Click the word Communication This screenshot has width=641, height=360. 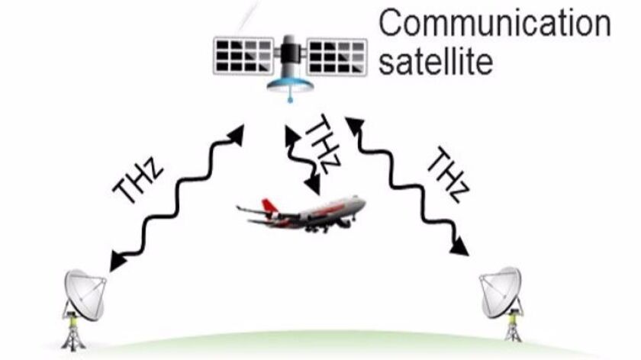click(494, 24)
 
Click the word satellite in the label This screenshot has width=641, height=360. click(436, 61)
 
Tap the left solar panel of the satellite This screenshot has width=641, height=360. click(244, 56)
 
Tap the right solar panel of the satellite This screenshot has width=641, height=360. click(337, 56)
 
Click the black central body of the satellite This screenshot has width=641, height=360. click(290, 53)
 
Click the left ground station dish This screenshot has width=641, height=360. click(85, 294)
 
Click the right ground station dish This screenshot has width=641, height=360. click(501, 292)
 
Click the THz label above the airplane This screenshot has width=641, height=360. click(323, 143)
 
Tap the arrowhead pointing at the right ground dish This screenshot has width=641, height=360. click(460, 247)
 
